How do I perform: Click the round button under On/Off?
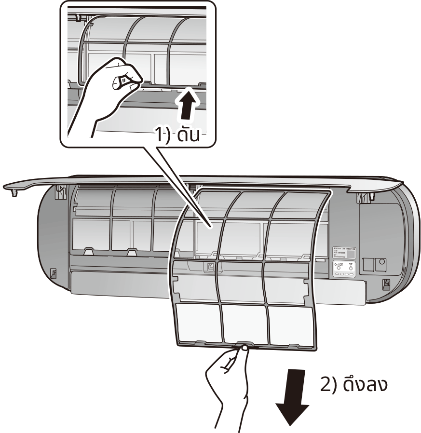tap(339, 270)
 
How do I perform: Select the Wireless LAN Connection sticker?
tap(345, 254)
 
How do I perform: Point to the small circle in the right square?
tap(382, 262)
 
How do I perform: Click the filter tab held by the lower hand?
tap(244, 346)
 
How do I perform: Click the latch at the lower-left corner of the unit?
tap(54, 272)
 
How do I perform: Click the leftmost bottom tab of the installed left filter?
tap(88, 251)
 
